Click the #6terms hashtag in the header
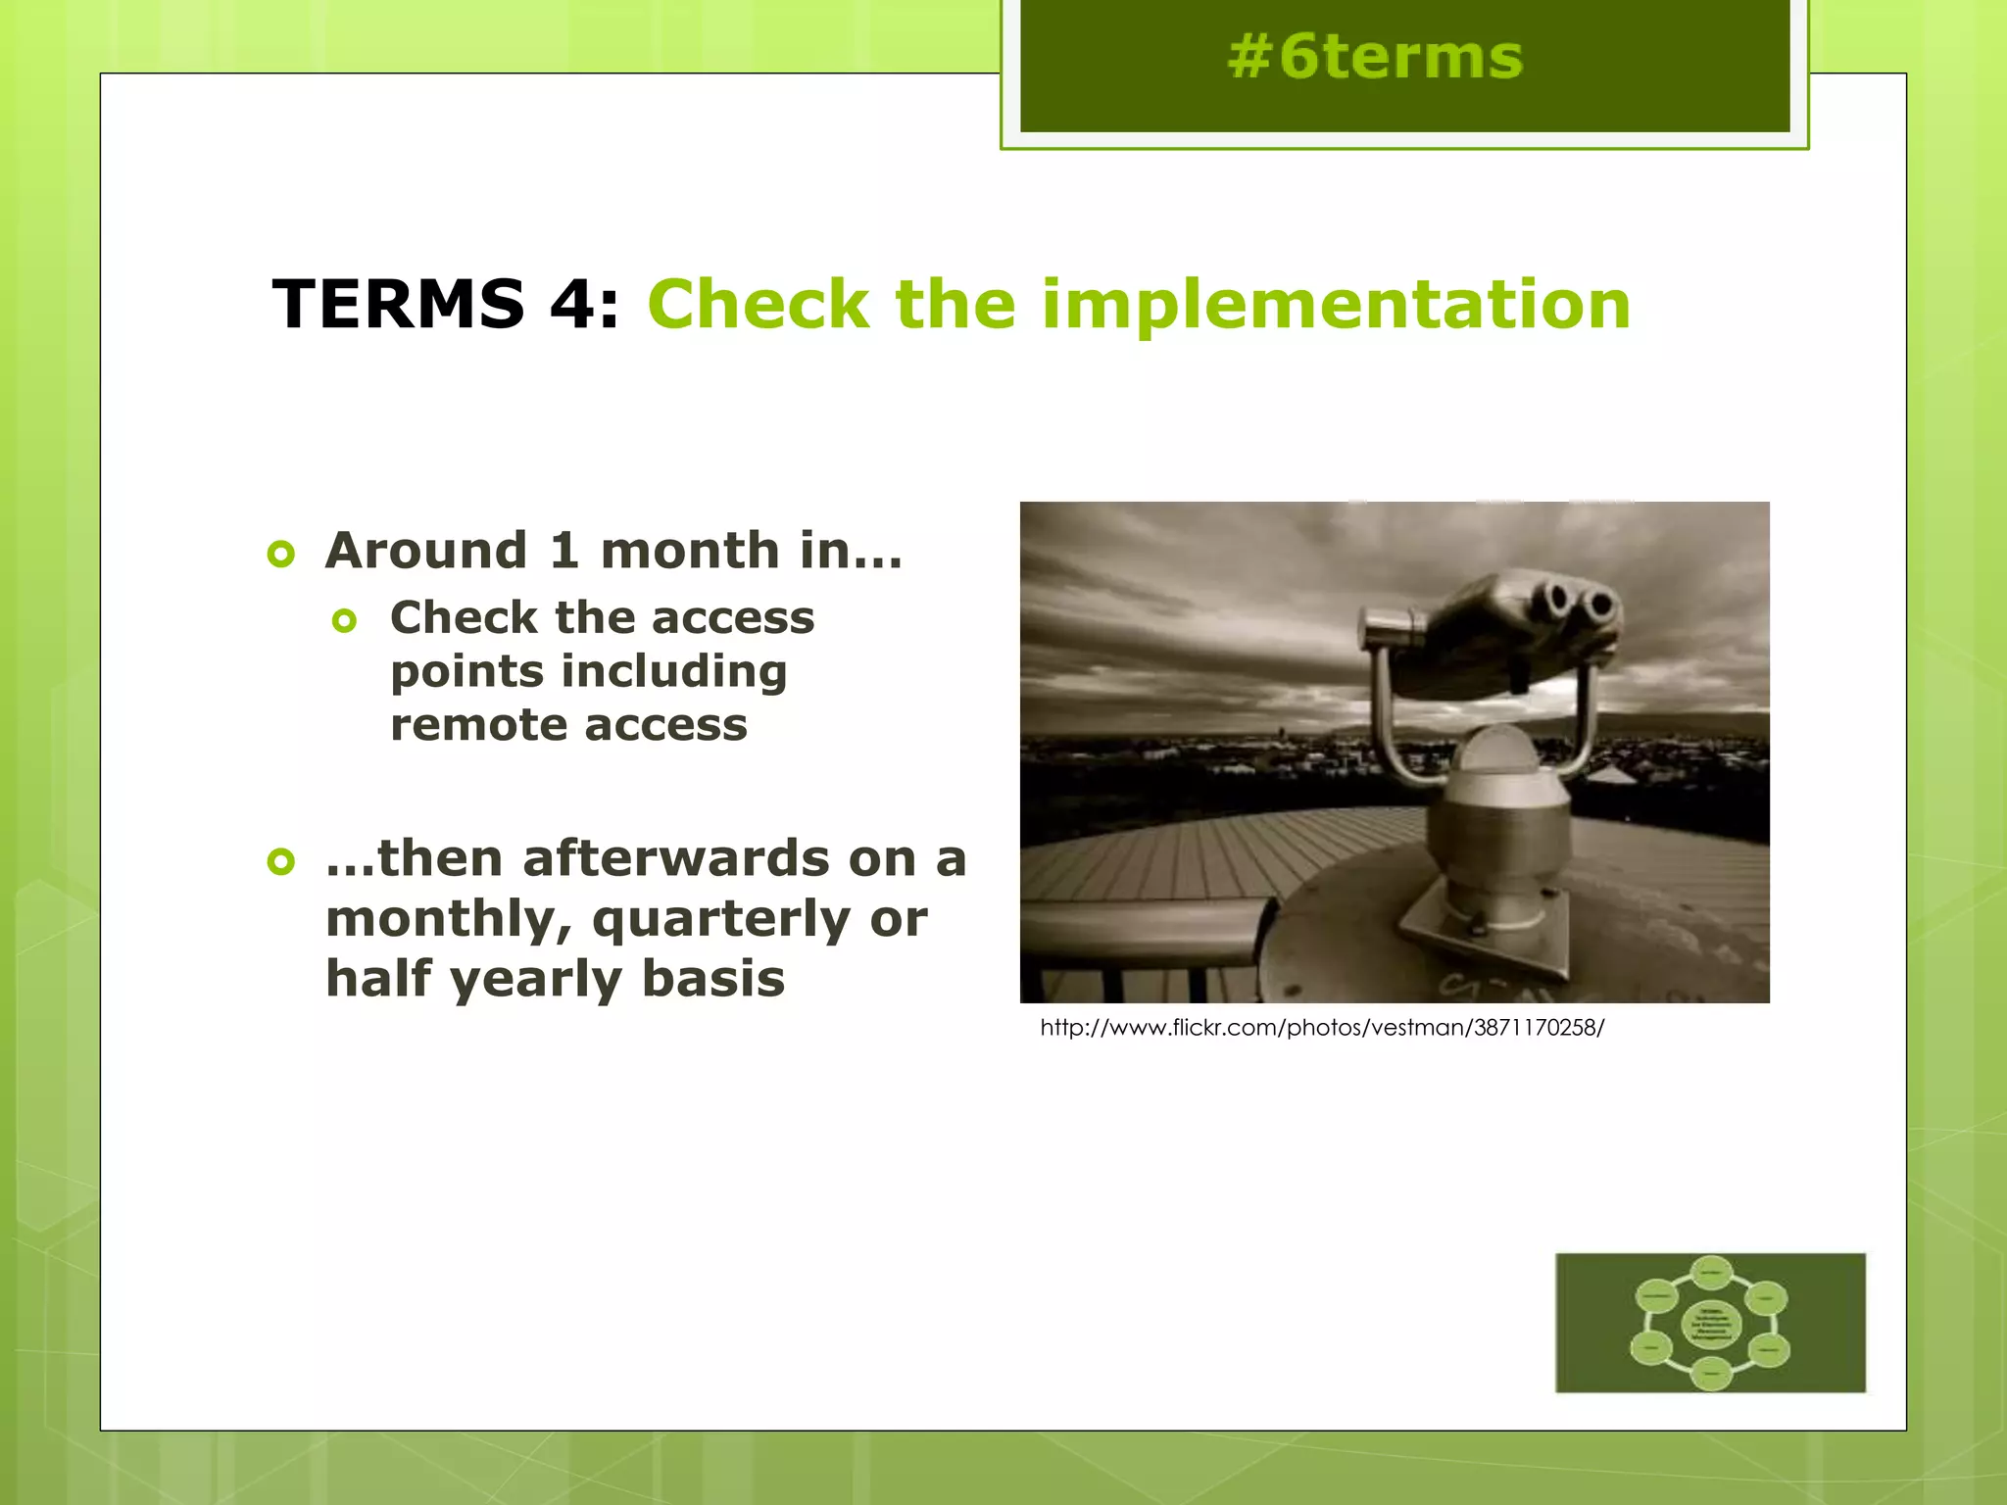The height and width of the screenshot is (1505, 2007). (1374, 57)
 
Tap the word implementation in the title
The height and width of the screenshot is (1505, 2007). (1335, 304)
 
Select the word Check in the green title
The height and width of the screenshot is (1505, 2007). (758, 304)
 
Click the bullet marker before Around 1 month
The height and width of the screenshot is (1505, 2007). (280, 555)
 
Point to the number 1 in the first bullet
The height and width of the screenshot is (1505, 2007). (563, 551)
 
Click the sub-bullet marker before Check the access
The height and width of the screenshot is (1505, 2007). (344, 621)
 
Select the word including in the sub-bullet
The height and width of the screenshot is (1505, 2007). (673, 673)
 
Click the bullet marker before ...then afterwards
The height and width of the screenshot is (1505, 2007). (280, 862)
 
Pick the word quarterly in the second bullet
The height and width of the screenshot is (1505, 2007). (720, 921)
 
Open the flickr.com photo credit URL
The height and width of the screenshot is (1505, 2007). (1321, 1028)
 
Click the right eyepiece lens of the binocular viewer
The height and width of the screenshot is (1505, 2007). (1599, 605)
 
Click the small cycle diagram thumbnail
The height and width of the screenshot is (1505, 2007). (1710, 1322)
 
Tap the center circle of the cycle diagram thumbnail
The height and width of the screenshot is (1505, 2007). (1711, 1324)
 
